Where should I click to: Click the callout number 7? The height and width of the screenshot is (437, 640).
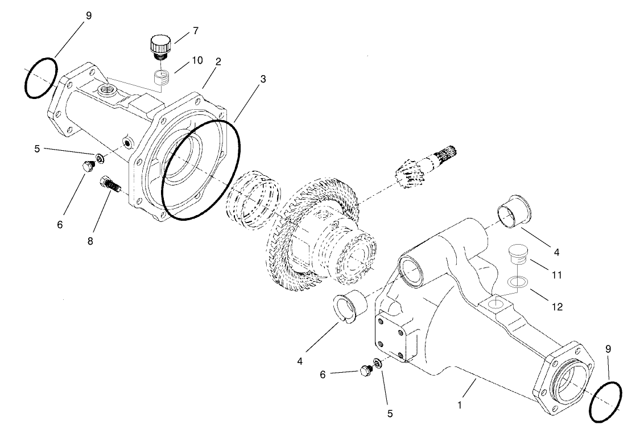tap(195, 31)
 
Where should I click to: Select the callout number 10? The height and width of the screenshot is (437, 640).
tap(197, 60)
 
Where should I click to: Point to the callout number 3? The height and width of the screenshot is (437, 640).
tap(262, 79)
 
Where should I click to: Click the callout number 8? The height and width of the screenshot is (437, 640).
tap(90, 240)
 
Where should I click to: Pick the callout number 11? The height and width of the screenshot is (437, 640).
tap(556, 275)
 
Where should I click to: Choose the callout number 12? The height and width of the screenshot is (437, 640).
tap(556, 307)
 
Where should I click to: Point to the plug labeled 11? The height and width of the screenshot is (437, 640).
tap(517, 254)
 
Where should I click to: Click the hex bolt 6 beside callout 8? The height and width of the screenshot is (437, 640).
tap(87, 166)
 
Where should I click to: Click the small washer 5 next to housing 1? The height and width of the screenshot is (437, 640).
tap(377, 362)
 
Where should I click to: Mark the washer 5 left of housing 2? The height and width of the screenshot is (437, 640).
tap(100, 158)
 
